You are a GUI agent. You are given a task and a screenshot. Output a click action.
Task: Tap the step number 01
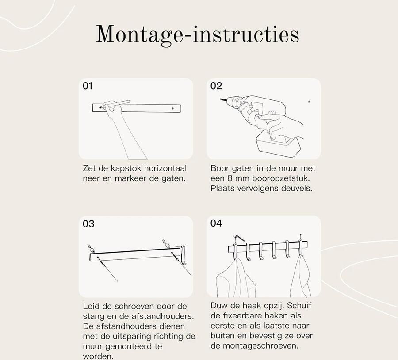88,86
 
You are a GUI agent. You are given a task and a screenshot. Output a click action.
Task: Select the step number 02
216,86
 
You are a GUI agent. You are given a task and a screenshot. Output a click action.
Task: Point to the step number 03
88,224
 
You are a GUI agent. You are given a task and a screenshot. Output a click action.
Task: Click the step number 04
216,223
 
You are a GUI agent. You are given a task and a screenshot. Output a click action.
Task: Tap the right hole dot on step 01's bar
173,108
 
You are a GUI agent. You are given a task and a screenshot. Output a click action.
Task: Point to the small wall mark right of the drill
309,102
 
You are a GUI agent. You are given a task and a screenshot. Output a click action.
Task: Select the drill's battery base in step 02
278,143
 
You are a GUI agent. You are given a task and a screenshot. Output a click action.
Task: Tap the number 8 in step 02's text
230,178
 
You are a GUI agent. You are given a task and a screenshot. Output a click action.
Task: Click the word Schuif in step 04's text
299,306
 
